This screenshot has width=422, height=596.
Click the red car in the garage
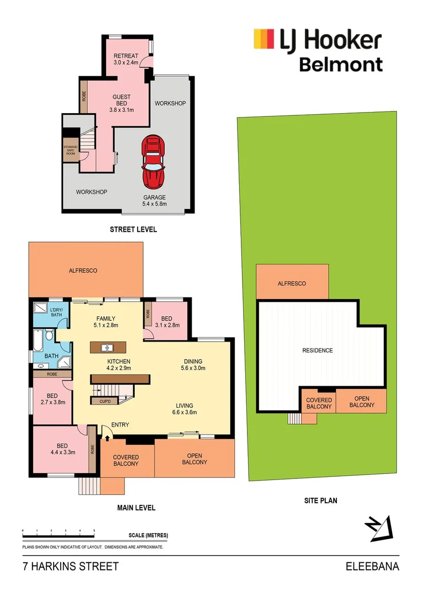pyautogui.click(x=154, y=162)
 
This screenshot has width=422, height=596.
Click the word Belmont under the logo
pyautogui.click(x=341, y=65)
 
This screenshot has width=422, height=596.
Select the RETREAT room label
pyautogui.click(x=126, y=60)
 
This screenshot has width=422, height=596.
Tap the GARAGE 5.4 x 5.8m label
pyautogui.click(x=154, y=201)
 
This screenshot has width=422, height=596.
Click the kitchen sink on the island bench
pyautogui.click(x=108, y=348)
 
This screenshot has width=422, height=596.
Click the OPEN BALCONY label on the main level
pyautogui.click(x=194, y=459)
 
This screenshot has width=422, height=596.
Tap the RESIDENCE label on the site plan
pyautogui.click(x=318, y=350)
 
